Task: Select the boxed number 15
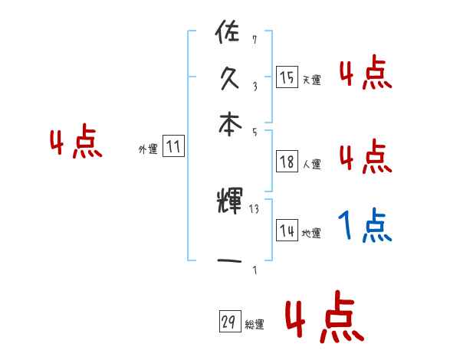click(287, 77)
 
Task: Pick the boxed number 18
click(287, 161)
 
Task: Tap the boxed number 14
click(287, 231)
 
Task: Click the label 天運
click(312, 79)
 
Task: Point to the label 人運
click(312, 163)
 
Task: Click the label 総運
click(255, 325)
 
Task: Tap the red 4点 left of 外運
click(76, 143)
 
